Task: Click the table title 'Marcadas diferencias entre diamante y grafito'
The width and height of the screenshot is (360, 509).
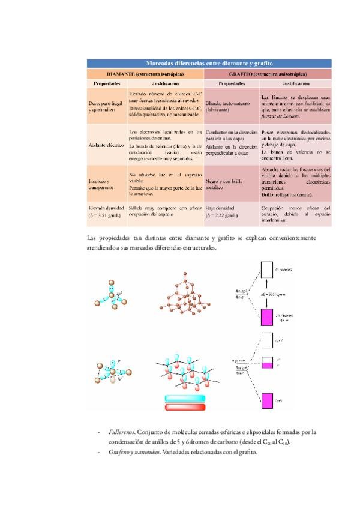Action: point(206,62)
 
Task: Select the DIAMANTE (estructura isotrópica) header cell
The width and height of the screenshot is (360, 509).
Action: point(145,73)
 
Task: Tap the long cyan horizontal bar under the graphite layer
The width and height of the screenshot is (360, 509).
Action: point(184,399)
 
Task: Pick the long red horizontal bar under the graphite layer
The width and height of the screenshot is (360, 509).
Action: point(184,408)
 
